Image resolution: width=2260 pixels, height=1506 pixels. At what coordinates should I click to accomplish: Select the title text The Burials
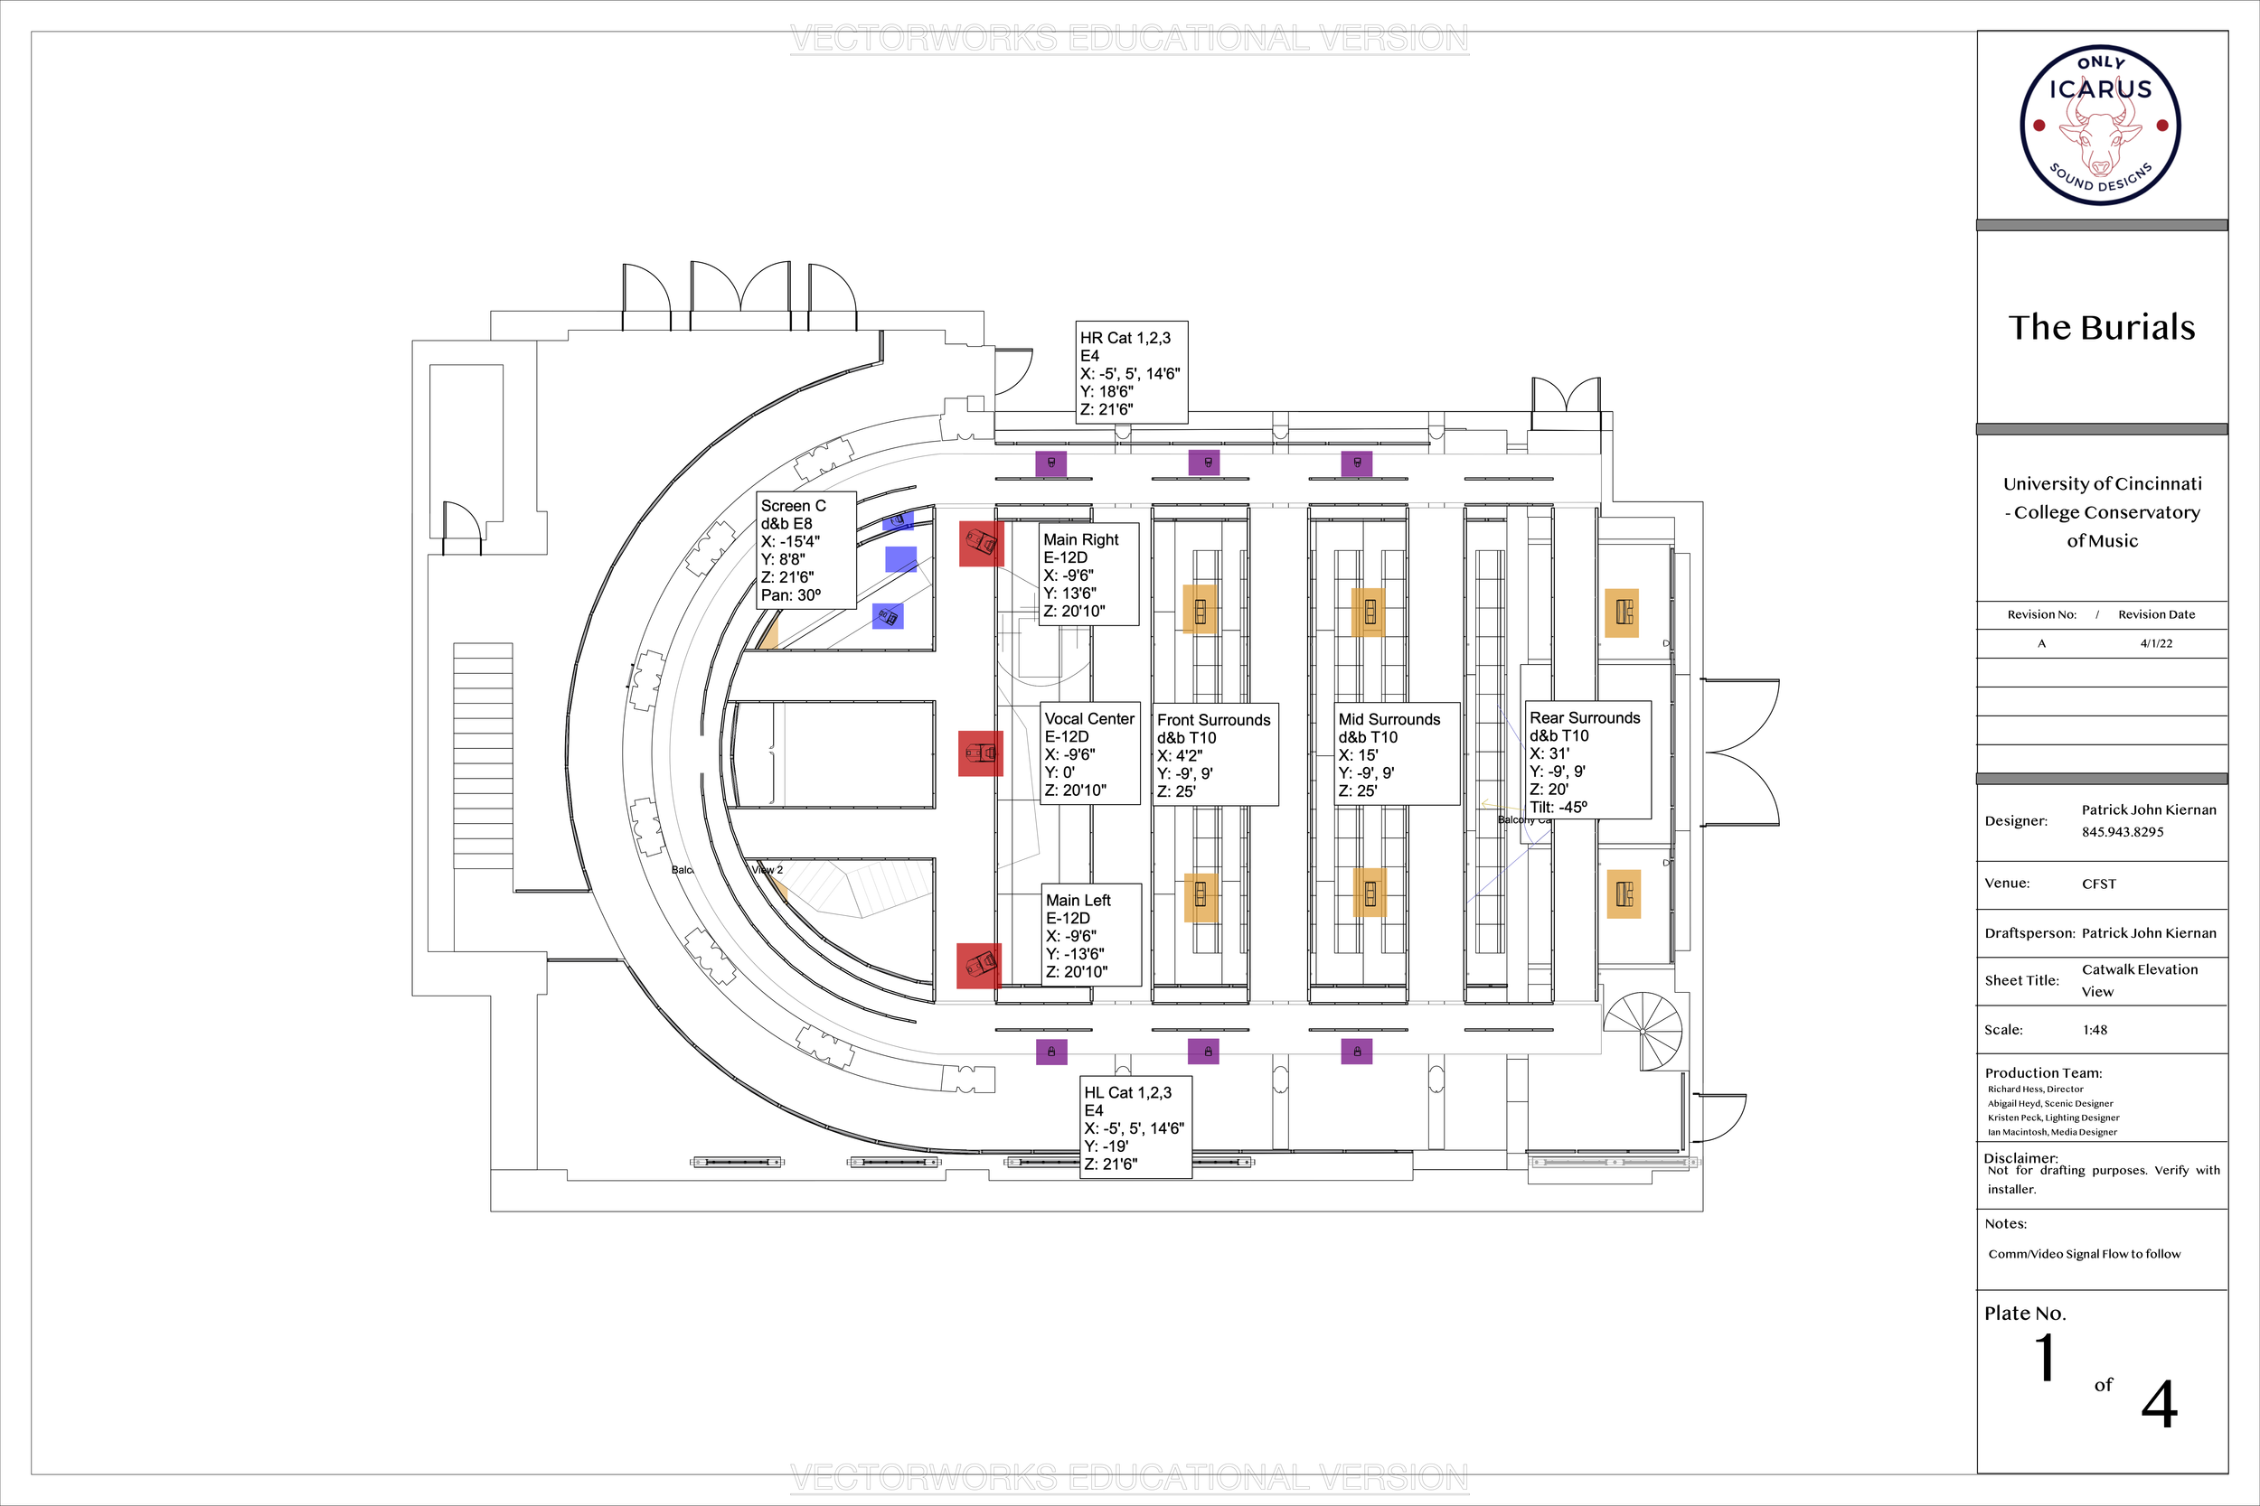click(x=2102, y=328)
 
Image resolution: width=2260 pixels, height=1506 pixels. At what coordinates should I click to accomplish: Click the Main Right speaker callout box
click(x=1088, y=575)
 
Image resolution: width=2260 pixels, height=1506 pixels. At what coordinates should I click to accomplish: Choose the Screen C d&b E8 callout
click(x=807, y=551)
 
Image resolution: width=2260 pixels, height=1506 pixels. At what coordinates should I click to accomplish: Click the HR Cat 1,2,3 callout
click(x=1131, y=372)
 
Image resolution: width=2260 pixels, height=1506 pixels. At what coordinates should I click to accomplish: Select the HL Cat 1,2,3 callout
click(x=1135, y=1127)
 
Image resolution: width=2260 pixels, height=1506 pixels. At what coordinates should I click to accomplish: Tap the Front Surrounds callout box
click(x=1215, y=755)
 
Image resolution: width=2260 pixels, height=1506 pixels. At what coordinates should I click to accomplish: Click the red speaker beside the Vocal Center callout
click(x=980, y=753)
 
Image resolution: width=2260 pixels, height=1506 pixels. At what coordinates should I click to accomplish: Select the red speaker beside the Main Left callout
click(x=978, y=964)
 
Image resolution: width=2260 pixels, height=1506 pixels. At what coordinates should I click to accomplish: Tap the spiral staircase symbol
click(x=1643, y=1032)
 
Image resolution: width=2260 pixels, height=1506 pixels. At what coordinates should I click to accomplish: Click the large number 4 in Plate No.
click(x=2158, y=1405)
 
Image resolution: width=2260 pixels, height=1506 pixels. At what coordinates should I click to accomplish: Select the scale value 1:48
click(x=2095, y=1030)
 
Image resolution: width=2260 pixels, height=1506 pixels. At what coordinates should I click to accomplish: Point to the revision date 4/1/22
click(x=2156, y=643)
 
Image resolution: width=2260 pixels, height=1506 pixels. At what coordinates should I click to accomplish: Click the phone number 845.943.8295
click(x=2123, y=832)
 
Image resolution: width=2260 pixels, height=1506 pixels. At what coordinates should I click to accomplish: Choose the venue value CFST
click(x=2098, y=884)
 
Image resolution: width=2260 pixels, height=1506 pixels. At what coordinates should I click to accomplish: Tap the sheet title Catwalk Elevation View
click(x=2139, y=979)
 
